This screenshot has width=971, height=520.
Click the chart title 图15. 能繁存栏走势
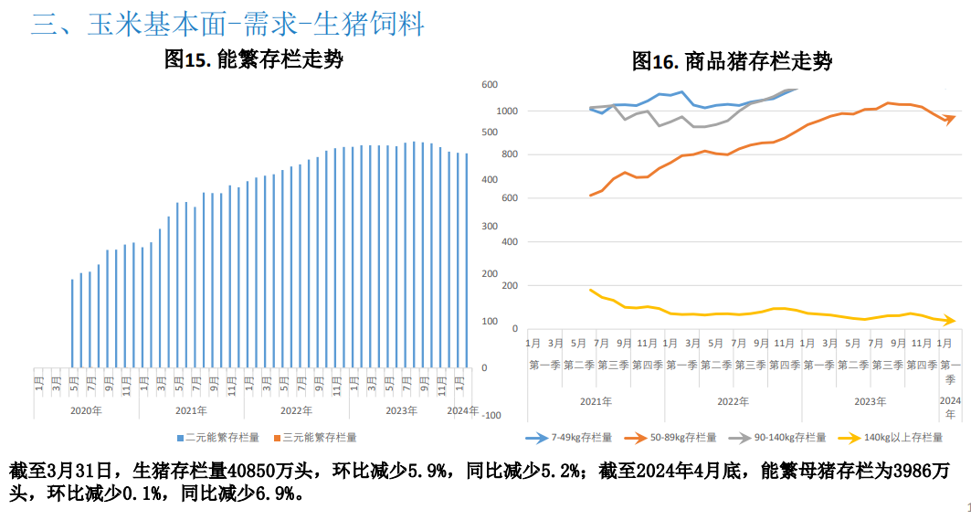pyautogui.click(x=253, y=60)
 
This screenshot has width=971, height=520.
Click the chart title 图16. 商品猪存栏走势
pyautogui.click(x=732, y=62)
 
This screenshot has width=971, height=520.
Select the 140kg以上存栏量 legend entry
pyautogui.click(x=905, y=438)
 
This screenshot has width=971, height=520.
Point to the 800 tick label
pyautogui.click(x=510, y=154)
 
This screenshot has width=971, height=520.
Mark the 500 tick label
pyautogui.click(x=490, y=133)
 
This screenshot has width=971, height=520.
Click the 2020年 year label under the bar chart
pyautogui.click(x=87, y=410)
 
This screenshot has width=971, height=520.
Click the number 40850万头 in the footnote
pyautogui.click(x=271, y=472)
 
